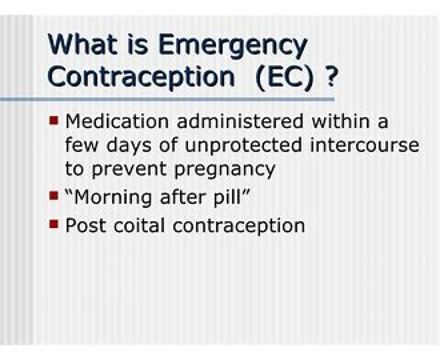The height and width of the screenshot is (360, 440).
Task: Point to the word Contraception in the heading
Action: pos(141,78)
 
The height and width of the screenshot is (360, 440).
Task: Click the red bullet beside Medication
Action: pos(54,120)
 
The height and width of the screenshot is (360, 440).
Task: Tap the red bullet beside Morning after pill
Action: pos(54,196)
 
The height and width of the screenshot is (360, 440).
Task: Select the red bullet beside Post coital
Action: pos(54,224)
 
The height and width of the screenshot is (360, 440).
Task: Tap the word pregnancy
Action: pos(225,171)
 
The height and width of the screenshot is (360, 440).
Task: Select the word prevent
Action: pos(129,171)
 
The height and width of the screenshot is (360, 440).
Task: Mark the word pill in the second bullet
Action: pos(227,198)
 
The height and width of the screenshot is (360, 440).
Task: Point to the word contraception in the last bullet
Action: pos(239,226)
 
